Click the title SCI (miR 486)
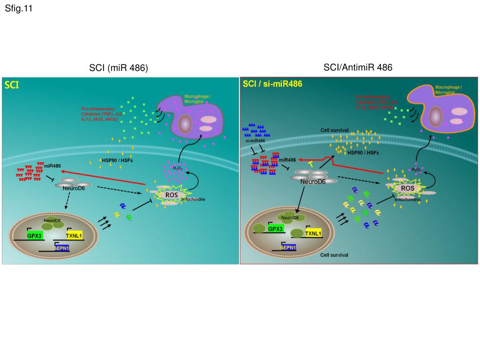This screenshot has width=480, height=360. coord(119,68)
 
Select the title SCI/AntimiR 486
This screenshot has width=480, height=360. coord(358,67)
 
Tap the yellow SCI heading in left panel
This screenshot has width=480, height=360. coord(12,85)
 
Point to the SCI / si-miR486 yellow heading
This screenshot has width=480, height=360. coord(272,84)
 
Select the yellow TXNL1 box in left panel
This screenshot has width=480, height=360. coord(74,236)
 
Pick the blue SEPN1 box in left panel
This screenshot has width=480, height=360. coord(61,248)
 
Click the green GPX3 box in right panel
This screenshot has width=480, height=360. coord(275,229)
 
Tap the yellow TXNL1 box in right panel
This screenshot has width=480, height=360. coord(313,233)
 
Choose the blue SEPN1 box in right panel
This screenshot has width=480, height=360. coord(288,247)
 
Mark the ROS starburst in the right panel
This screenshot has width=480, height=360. coord(407,188)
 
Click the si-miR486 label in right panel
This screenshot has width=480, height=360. coord(255,141)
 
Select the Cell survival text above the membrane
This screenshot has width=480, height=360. coord(334,130)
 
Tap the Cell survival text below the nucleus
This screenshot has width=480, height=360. coord(334,255)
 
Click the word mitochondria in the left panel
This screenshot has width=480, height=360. coord(193,199)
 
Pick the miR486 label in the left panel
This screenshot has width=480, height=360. coord(53,166)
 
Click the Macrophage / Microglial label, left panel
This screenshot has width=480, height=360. coord(197,98)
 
